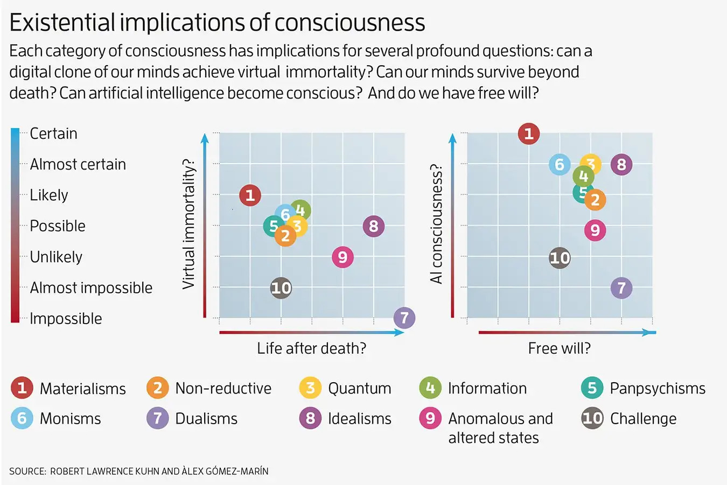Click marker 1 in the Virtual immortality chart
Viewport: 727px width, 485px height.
(x=250, y=195)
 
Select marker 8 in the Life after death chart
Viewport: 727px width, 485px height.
(x=373, y=226)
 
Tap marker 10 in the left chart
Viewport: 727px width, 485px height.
(x=281, y=288)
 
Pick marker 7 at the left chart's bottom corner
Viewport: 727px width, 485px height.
(x=404, y=318)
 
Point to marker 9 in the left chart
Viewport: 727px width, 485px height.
(x=342, y=257)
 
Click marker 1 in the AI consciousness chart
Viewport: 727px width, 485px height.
(x=528, y=133)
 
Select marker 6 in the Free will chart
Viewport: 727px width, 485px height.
(x=560, y=164)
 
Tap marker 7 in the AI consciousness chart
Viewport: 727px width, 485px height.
(x=621, y=288)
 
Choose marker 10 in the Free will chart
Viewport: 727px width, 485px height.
(x=560, y=258)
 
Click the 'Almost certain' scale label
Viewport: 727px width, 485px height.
(x=78, y=164)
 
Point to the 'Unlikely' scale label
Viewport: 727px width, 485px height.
(x=56, y=257)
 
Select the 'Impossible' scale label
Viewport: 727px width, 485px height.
(x=66, y=319)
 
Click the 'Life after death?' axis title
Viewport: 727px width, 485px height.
(x=311, y=348)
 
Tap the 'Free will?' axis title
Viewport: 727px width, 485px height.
(x=559, y=348)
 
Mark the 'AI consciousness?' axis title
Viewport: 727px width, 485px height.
(x=436, y=224)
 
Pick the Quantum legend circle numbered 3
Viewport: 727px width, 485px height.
(x=310, y=388)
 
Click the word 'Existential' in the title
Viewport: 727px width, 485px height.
(x=62, y=23)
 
